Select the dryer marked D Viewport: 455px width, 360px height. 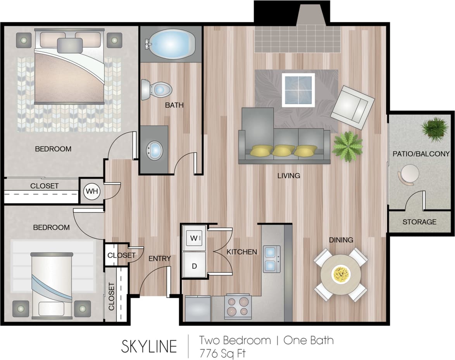pyautogui.click(x=195, y=266)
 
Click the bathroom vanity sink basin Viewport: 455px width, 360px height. pyautogui.click(x=155, y=150)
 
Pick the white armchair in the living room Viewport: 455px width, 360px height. pyautogui.click(x=352, y=107)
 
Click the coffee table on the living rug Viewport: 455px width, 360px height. pyautogui.click(x=298, y=90)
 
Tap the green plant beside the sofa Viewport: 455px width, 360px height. pyautogui.click(x=347, y=146)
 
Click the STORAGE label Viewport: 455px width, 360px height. pyautogui.click(x=419, y=222)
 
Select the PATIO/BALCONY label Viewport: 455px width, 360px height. pyautogui.click(x=421, y=154)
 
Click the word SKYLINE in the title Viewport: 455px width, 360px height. pyautogui.click(x=149, y=346)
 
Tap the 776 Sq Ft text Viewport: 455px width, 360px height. pyautogui.click(x=222, y=353)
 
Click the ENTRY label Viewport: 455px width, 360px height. pyautogui.click(x=160, y=258)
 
